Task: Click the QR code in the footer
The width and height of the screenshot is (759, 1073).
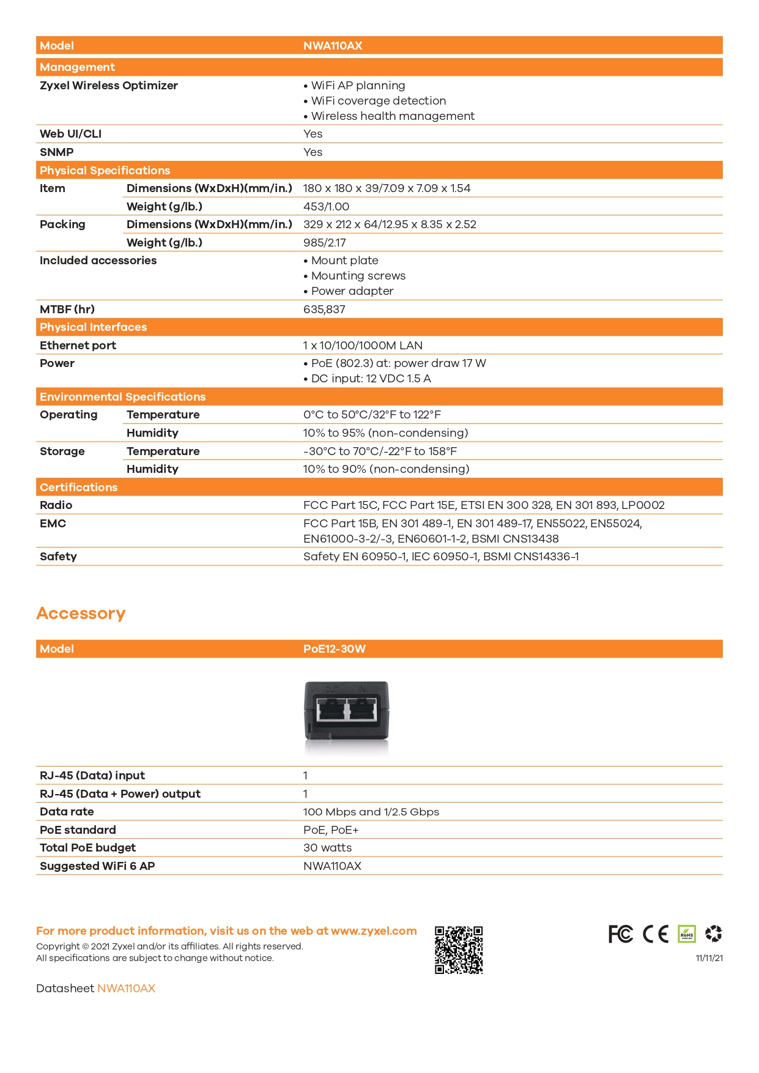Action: coord(459,949)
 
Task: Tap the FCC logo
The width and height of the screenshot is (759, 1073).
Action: coord(620,934)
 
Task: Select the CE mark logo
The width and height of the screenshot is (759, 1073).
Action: coord(655,934)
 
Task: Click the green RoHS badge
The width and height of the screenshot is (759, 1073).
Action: coord(687,934)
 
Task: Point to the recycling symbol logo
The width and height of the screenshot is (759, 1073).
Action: coord(713,934)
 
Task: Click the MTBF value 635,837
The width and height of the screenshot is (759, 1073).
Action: coord(324,310)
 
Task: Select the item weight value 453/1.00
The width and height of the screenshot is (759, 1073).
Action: coord(326,207)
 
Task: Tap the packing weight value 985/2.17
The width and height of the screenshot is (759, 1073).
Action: coord(324,243)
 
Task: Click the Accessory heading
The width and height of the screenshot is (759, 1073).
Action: coord(81,613)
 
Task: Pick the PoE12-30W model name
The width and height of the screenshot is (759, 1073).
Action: coord(334,649)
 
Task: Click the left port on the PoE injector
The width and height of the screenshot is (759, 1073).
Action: coord(331,711)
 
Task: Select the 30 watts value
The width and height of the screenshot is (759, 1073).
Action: coord(327,848)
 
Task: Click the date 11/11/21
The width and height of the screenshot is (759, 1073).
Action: coord(709,958)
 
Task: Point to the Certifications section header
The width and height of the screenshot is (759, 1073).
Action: coord(78,488)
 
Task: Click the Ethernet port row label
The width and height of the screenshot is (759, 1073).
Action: coord(78,346)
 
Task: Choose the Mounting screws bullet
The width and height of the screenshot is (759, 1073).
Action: coord(358,276)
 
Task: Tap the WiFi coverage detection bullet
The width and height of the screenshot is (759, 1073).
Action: coord(378,101)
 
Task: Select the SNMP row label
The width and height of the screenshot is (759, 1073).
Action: coord(56,152)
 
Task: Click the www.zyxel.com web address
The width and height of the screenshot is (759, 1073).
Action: coord(374,931)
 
